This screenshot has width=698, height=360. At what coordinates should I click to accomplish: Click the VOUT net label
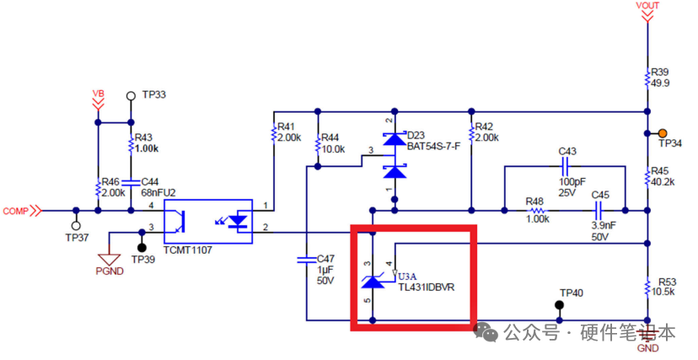pyautogui.click(x=647, y=5)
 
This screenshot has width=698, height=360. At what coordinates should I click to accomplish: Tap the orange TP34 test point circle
pyautogui.click(x=663, y=133)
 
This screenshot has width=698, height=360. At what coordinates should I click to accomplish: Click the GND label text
pyautogui.click(x=647, y=348)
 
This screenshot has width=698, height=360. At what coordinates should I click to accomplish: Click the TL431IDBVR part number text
pyautogui.click(x=427, y=287)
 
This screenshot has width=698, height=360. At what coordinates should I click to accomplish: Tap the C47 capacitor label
pyautogui.click(x=326, y=269)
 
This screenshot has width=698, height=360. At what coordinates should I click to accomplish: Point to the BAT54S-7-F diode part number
pyautogui.click(x=433, y=146)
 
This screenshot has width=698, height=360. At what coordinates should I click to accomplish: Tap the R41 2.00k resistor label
pyautogui.click(x=288, y=132)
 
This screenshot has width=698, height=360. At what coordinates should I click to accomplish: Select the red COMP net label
pyautogui.click(x=18, y=211)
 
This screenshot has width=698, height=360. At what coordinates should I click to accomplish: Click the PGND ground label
pyautogui.click(x=110, y=271)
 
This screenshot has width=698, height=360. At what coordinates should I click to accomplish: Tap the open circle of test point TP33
pyautogui.click(x=131, y=95)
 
